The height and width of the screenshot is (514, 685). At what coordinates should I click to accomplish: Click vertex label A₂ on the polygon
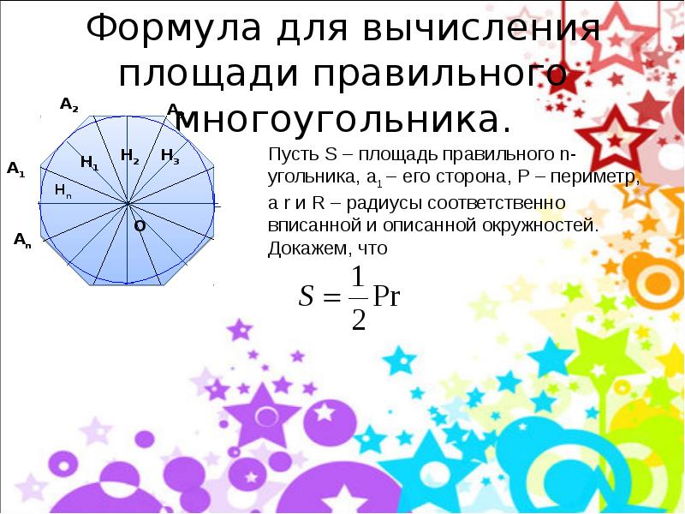tap(69, 105)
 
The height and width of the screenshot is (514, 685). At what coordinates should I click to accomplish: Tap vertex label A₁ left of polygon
tap(16, 169)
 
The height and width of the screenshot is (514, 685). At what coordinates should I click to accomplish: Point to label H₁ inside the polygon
tap(89, 162)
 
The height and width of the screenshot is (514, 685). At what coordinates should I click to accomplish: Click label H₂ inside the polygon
tap(130, 155)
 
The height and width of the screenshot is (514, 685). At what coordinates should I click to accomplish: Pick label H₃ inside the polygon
tap(170, 156)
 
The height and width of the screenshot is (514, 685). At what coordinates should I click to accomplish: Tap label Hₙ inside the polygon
tap(63, 190)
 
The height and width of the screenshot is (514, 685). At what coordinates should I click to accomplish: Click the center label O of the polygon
tap(139, 226)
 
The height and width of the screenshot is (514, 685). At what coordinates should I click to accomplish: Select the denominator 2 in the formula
tap(359, 319)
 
